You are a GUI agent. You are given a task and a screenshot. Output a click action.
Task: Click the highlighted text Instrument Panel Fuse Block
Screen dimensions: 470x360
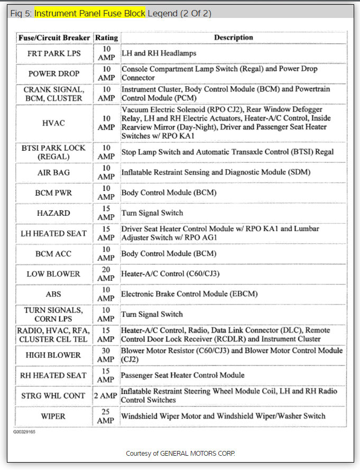90,13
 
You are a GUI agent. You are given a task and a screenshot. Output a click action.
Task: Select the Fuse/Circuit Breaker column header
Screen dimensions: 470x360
53,38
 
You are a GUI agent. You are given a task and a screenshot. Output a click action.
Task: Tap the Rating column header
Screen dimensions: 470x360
106,38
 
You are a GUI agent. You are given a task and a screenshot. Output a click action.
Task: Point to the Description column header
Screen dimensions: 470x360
233,38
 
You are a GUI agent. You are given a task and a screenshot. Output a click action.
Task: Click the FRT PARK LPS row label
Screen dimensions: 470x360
53,53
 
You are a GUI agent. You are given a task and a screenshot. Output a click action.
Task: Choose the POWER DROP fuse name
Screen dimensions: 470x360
53,73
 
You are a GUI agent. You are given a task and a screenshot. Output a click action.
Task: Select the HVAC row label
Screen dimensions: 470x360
53,123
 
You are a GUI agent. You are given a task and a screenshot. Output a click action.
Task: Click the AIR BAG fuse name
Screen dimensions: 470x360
53,172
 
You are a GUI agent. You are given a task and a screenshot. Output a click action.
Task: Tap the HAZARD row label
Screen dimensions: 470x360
53,213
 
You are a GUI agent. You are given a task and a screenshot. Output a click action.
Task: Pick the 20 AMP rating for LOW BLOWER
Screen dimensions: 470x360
106,274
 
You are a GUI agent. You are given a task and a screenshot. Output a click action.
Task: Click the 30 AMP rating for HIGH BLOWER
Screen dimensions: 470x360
106,355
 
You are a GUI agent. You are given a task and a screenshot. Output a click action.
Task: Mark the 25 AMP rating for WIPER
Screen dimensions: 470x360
106,416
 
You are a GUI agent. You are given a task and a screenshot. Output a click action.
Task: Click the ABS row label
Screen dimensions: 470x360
53,294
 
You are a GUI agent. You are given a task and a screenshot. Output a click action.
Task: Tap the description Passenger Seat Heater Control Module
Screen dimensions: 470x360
183,375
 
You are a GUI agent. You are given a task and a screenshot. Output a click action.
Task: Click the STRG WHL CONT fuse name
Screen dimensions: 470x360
53,395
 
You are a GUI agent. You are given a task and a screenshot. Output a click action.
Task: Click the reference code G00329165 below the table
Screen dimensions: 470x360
25,431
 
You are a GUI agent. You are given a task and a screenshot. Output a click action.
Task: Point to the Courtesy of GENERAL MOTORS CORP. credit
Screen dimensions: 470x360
180,454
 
